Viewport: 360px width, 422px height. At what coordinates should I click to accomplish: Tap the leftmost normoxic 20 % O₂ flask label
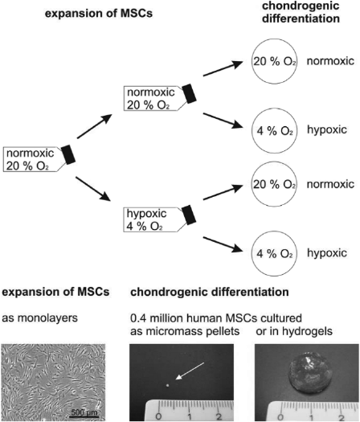[34, 159]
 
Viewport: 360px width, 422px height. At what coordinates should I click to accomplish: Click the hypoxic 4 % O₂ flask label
[154, 220]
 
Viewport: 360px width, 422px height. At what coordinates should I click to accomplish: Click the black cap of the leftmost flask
[68, 154]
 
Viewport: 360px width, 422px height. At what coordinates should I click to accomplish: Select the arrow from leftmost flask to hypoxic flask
[93, 188]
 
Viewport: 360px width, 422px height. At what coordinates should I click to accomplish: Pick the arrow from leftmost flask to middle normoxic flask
[95, 126]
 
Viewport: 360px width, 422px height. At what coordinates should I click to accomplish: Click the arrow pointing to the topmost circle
[223, 68]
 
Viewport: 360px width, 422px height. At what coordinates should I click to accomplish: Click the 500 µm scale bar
[84, 416]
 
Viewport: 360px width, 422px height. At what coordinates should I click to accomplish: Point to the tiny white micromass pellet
[168, 385]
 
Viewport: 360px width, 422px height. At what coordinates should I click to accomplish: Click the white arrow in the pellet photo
[190, 371]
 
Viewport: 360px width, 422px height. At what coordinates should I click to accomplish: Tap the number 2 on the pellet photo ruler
[219, 416]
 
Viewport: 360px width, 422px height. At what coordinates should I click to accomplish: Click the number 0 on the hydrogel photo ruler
[280, 417]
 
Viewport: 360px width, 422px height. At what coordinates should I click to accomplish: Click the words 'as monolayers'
[40, 318]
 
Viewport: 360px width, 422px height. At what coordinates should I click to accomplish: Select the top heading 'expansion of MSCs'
[99, 13]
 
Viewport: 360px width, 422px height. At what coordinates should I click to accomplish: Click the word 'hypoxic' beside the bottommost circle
[327, 253]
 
